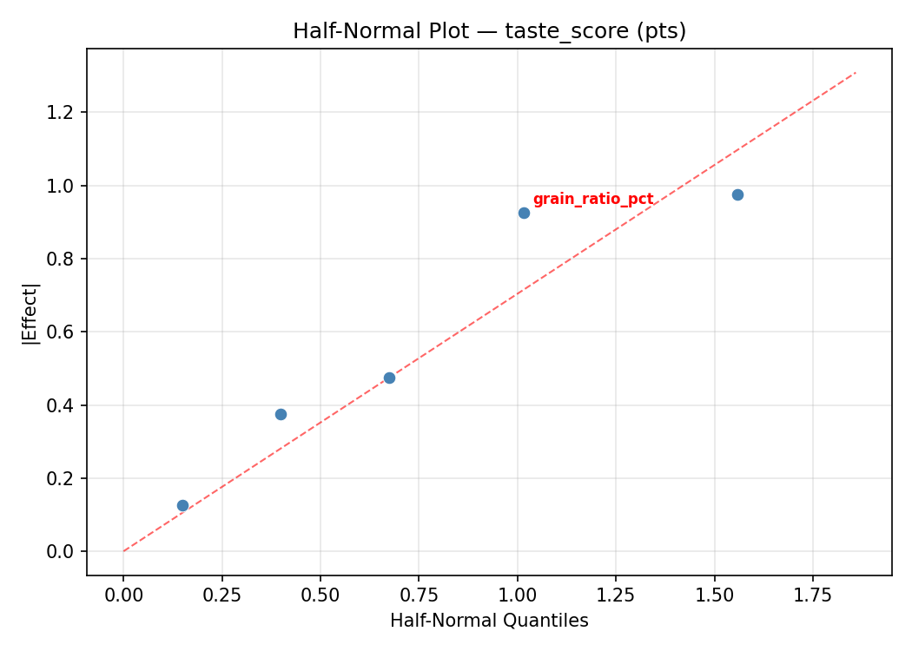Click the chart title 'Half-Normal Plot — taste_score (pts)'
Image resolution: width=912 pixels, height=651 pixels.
click(489, 31)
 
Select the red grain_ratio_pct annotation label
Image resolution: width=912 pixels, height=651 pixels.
click(592, 200)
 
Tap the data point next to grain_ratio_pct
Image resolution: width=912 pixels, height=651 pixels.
click(524, 213)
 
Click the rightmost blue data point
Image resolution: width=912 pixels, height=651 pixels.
click(737, 194)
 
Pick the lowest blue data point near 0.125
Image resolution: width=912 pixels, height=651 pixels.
click(182, 505)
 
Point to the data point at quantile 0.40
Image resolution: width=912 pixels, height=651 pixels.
click(281, 414)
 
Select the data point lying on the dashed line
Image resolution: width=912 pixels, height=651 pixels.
click(389, 378)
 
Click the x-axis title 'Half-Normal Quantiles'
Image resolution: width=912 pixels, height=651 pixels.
click(489, 621)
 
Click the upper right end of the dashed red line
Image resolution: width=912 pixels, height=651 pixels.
click(856, 72)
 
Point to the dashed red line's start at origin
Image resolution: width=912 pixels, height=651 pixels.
click(123, 551)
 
